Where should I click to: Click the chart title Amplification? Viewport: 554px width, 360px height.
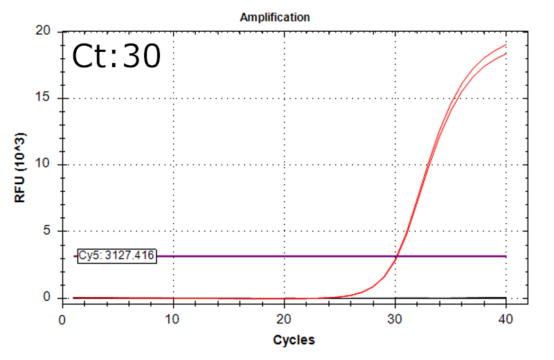click(274, 17)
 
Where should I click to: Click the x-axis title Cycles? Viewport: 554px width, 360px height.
click(294, 340)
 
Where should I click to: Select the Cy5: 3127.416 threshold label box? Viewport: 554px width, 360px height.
click(116, 256)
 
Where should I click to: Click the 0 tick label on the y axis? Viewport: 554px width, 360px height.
click(48, 297)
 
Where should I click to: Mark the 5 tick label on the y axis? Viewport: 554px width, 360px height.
click(48, 231)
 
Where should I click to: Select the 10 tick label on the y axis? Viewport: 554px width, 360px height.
click(45, 165)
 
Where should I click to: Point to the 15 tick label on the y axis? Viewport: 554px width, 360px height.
click(45, 98)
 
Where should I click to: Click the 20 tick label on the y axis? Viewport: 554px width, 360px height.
click(45, 31)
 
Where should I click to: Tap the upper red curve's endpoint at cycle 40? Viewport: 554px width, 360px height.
click(506, 44)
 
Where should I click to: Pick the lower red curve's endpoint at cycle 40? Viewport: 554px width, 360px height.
click(506, 53)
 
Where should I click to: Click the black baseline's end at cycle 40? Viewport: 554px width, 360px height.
click(506, 297)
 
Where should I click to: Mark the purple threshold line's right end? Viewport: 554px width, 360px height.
click(506, 256)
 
